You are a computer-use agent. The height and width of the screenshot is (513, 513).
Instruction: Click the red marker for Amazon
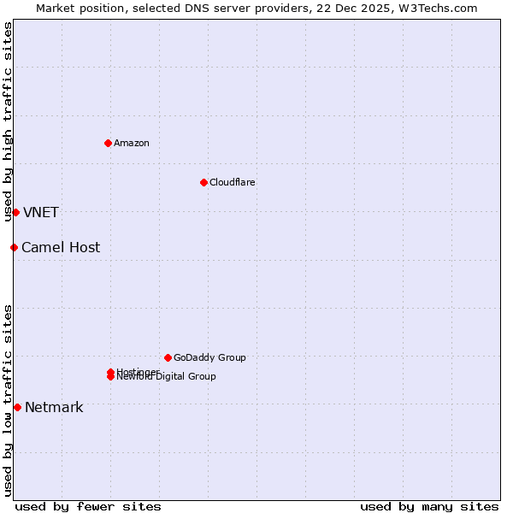pos(108,143)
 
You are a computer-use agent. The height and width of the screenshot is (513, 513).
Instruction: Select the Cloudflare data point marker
pos(203,182)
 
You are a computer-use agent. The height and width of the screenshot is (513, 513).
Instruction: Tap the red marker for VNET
pos(15,212)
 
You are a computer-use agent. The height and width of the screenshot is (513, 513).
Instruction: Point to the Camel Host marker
pos(14,247)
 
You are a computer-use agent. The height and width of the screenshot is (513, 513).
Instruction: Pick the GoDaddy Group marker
pos(168,357)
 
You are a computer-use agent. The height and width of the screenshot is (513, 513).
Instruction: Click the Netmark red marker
pos(17,407)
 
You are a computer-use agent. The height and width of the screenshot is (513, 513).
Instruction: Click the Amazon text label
pos(132,143)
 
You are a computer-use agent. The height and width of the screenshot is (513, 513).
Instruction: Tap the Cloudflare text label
pos(232,182)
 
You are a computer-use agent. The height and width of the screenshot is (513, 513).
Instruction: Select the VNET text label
pos(40,212)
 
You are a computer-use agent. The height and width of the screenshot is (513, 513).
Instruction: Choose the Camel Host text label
pos(60,247)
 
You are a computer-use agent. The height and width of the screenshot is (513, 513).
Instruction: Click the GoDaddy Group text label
pos(209,357)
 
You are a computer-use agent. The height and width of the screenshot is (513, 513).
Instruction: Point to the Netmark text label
pos(54,407)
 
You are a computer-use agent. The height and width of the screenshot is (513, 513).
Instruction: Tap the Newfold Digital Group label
pos(171,377)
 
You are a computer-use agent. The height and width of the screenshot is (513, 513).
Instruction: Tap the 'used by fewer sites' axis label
pos(88,506)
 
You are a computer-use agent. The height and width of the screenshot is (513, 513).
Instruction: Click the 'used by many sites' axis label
pos(429,506)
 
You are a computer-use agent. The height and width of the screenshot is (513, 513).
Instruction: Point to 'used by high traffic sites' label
pos(8,121)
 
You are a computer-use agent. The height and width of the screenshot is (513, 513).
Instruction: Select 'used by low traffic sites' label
pos(8,400)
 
